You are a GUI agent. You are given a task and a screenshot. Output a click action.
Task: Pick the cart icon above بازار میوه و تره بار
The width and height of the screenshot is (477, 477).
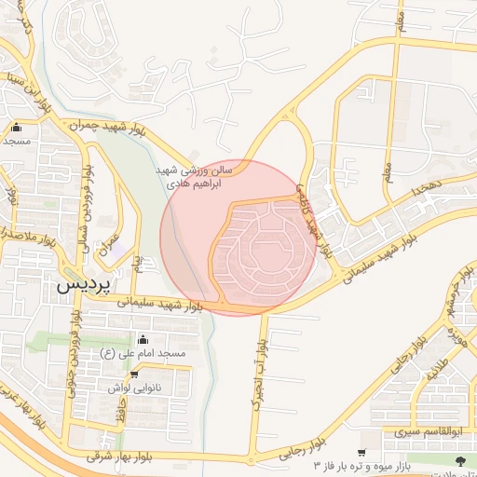click(x=361, y=452)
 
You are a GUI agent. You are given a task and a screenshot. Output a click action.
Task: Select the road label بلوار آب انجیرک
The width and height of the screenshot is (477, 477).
click(x=254, y=374)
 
